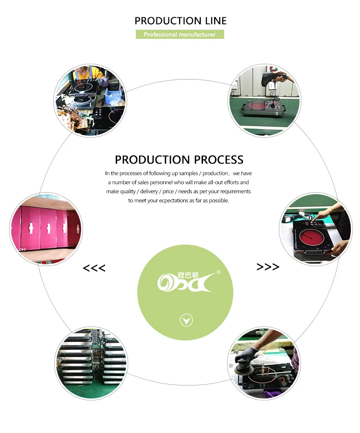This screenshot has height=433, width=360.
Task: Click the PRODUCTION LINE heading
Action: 180,21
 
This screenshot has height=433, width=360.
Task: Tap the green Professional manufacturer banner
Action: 180,35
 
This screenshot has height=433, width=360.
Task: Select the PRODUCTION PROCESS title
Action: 179,160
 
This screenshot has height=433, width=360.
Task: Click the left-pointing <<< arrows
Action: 94,268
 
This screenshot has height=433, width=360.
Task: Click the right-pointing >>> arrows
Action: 268,267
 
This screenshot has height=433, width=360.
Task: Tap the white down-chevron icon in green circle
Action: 186,320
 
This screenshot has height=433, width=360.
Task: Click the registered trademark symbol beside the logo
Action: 219,272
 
